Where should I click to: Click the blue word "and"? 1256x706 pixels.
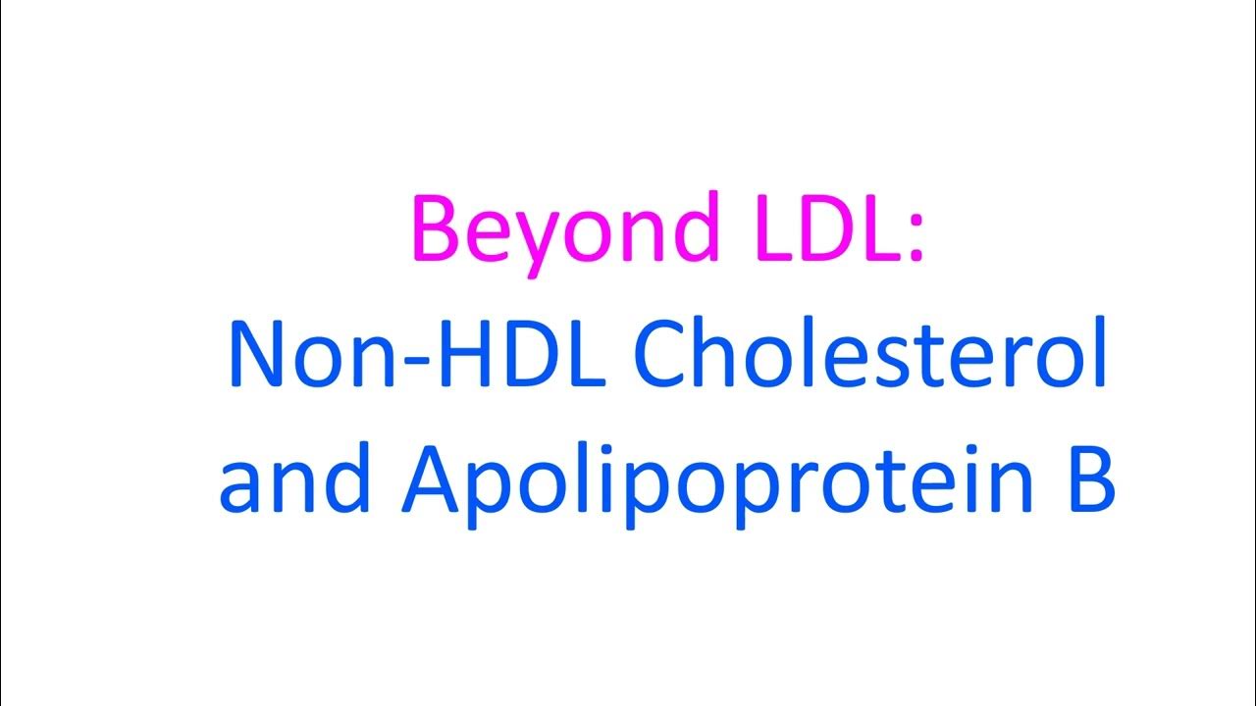[x=294, y=486]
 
